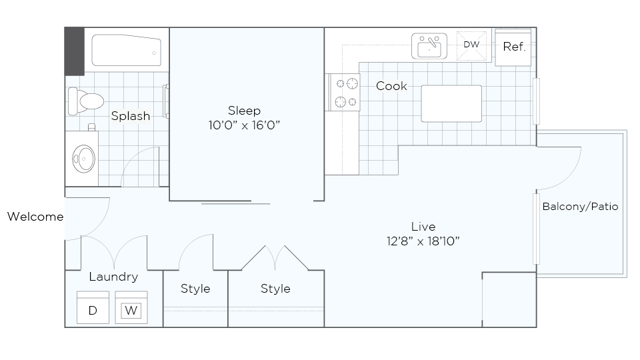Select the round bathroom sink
point(83,159)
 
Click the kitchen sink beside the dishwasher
point(429,46)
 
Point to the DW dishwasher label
point(471,45)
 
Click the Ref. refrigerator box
point(514,47)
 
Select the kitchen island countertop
point(451,103)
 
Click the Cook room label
point(391,86)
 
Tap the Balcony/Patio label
point(580,207)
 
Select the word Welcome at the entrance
point(35,217)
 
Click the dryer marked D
point(93,309)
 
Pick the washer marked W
point(131,309)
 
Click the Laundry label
point(113,277)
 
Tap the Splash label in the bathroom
point(130,116)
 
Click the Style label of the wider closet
point(275,289)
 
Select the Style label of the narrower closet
point(195,289)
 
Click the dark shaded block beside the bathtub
point(74,51)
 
